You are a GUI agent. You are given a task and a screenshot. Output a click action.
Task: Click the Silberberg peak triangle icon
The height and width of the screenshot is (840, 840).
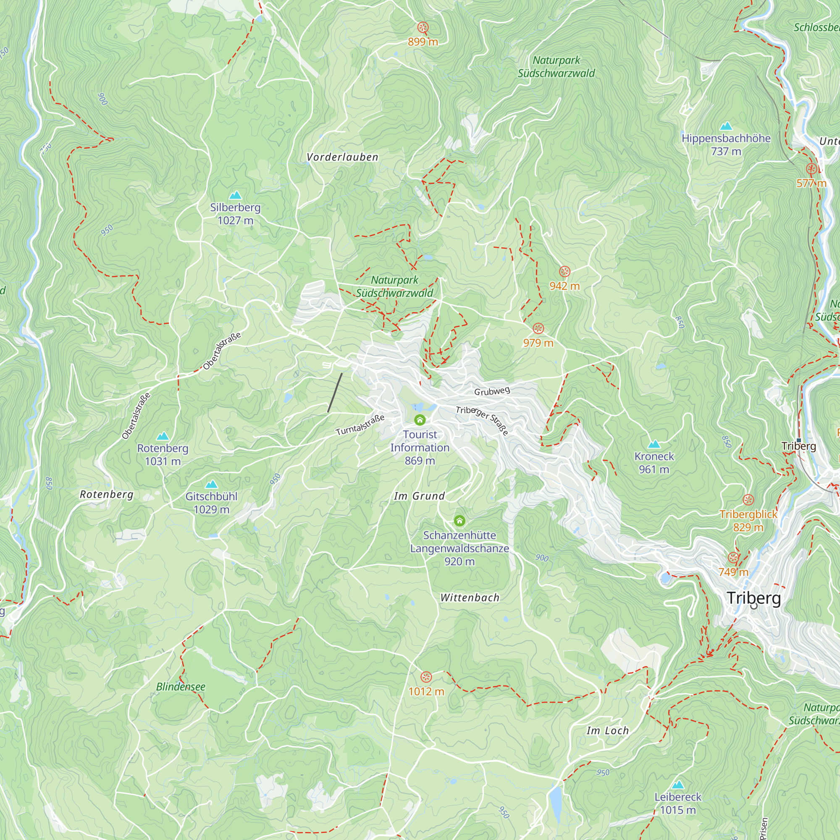coord(235,195)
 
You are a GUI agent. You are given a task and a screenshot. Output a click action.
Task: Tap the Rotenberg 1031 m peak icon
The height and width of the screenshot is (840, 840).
coord(163,436)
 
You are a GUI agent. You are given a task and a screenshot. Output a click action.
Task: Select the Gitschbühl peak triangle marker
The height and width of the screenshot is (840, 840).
coord(211,484)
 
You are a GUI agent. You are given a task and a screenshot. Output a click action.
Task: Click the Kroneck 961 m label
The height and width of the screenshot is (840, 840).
coord(654,462)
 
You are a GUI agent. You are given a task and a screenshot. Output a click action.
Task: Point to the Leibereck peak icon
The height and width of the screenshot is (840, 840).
coord(678,785)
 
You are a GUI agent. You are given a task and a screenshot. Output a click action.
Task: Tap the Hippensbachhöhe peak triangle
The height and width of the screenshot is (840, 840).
coord(726,126)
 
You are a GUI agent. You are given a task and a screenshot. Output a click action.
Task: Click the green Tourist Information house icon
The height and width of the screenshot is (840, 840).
coord(420,420)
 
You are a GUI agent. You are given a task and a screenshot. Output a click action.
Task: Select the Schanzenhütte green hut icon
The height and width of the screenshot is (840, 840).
coord(459,521)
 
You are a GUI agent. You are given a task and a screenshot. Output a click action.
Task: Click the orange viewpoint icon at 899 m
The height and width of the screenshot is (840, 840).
coord(423,28)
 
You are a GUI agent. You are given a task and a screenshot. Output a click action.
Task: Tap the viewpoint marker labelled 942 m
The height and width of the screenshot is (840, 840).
coord(564,272)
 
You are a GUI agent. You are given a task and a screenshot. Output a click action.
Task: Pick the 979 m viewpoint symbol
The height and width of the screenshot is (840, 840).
coord(538,329)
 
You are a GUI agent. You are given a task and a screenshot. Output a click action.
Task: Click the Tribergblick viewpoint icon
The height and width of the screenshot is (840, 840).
coord(748,499)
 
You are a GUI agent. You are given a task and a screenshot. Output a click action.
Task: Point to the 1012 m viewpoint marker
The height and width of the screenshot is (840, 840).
coord(426,677)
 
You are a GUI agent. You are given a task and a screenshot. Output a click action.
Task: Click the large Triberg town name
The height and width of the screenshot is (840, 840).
coord(754,598)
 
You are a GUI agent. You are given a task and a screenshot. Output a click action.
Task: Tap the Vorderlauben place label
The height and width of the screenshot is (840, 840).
coord(343,157)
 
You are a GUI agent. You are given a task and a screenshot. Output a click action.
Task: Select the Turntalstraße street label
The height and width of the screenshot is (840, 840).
coord(360,425)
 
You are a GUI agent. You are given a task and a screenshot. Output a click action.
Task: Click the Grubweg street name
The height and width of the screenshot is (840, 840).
coord(492,391)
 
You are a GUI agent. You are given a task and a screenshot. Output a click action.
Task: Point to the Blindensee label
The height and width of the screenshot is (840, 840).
coord(181,687)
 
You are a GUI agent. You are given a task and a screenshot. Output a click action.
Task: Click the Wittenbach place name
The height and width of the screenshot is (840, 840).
coord(470,598)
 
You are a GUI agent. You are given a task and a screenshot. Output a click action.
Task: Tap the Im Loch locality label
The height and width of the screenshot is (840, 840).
coord(607,731)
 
